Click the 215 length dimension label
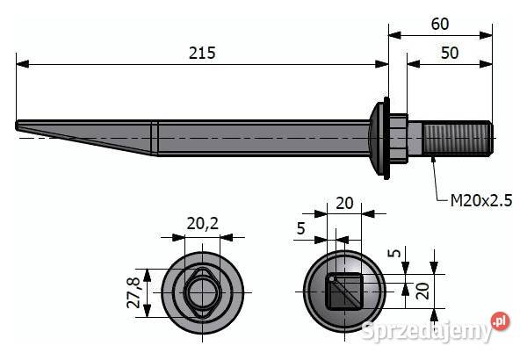202,54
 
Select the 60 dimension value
440,25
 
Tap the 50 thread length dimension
449,54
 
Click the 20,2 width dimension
202,225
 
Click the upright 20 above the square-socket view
345,203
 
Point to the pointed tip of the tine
21,126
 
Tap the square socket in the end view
343,291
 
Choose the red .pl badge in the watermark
500,321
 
